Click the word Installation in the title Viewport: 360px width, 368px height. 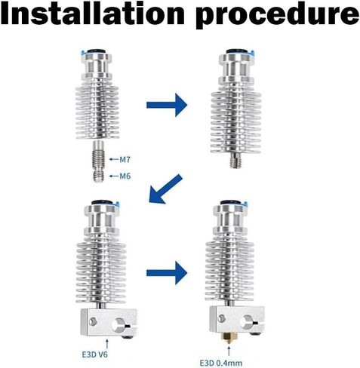click(x=92, y=13)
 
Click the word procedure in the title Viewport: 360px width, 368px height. click(x=277, y=16)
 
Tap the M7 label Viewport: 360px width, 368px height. click(x=125, y=159)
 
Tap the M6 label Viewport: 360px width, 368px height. click(x=125, y=176)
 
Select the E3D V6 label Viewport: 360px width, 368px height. click(x=95, y=354)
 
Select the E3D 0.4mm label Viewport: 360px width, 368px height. click(x=221, y=363)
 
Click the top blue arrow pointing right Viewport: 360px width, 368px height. click(x=167, y=105)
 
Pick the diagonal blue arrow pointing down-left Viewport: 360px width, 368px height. click(x=165, y=189)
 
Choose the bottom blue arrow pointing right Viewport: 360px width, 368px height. click(x=167, y=273)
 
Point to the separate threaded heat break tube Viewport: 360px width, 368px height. click(x=99, y=161)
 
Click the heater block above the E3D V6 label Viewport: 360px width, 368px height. click(x=109, y=324)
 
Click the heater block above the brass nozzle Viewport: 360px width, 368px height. click(x=237, y=320)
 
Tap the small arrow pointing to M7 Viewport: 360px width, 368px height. click(x=114, y=159)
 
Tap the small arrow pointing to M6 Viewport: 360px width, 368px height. click(x=114, y=176)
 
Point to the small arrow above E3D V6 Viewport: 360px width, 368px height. click(x=107, y=344)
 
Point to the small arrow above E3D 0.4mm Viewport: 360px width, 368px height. click(x=229, y=351)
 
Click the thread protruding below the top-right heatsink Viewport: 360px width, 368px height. click(x=235, y=160)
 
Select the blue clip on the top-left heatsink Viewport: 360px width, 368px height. click(x=82, y=53)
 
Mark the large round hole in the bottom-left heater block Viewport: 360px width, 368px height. click(x=120, y=324)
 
